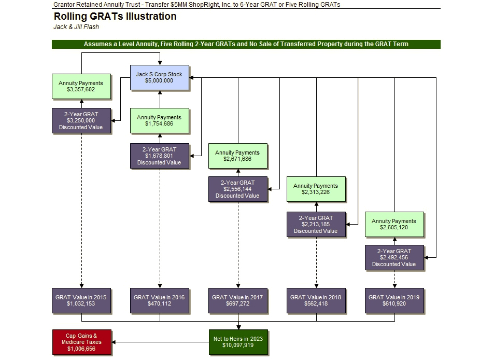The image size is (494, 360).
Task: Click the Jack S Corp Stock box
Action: (x=159, y=78)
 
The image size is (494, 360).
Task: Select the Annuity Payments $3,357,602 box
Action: (x=81, y=86)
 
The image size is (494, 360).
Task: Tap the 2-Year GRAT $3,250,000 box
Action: (x=81, y=120)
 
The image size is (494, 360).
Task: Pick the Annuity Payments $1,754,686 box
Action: (x=159, y=120)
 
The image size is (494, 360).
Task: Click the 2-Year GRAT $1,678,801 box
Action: (x=159, y=156)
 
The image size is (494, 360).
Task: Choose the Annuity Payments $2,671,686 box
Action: (x=237, y=156)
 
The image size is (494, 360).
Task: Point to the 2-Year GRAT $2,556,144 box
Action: (x=237, y=189)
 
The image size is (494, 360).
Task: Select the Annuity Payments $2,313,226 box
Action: (x=316, y=189)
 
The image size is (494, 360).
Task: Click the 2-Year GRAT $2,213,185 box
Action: (x=316, y=224)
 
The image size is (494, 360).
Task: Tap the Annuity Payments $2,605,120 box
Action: (x=394, y=224)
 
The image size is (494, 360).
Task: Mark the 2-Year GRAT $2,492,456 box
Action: (x=394, y=257)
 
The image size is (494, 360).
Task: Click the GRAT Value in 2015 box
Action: (x=81, y=300)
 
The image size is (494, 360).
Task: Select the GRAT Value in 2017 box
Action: (x=237, y=300)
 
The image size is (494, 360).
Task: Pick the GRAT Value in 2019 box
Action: (x=394, y=300)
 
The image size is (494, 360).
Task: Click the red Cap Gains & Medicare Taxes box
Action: (x=81, y=342)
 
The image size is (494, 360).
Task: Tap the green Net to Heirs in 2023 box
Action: (x=237, y=342)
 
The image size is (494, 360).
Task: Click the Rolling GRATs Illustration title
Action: (x=115, y=17)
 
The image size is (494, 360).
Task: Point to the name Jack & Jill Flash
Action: (x=76, y=27)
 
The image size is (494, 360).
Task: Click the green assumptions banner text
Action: (x=246, y=44)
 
